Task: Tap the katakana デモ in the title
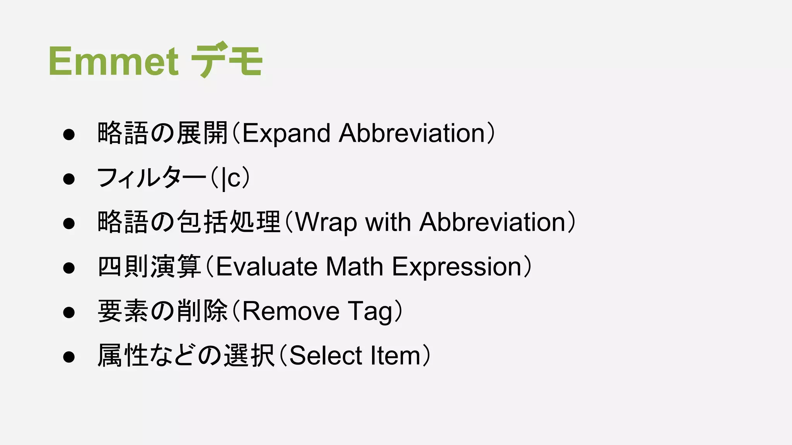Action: tap(227, 60)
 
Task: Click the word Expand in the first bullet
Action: tap(286, 134)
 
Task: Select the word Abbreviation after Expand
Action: tap(412, 133)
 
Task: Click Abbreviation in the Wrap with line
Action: tap(493, 222)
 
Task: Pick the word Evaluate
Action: tap(266, 267)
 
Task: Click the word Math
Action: tap(354, 267)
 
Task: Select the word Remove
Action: tap(291, 311)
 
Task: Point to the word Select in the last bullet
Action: tap(325, 356)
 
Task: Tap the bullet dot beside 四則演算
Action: tap(69, 268)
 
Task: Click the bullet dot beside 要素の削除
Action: tap(69, 312)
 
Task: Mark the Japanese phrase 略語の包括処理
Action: tap(189, 222)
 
